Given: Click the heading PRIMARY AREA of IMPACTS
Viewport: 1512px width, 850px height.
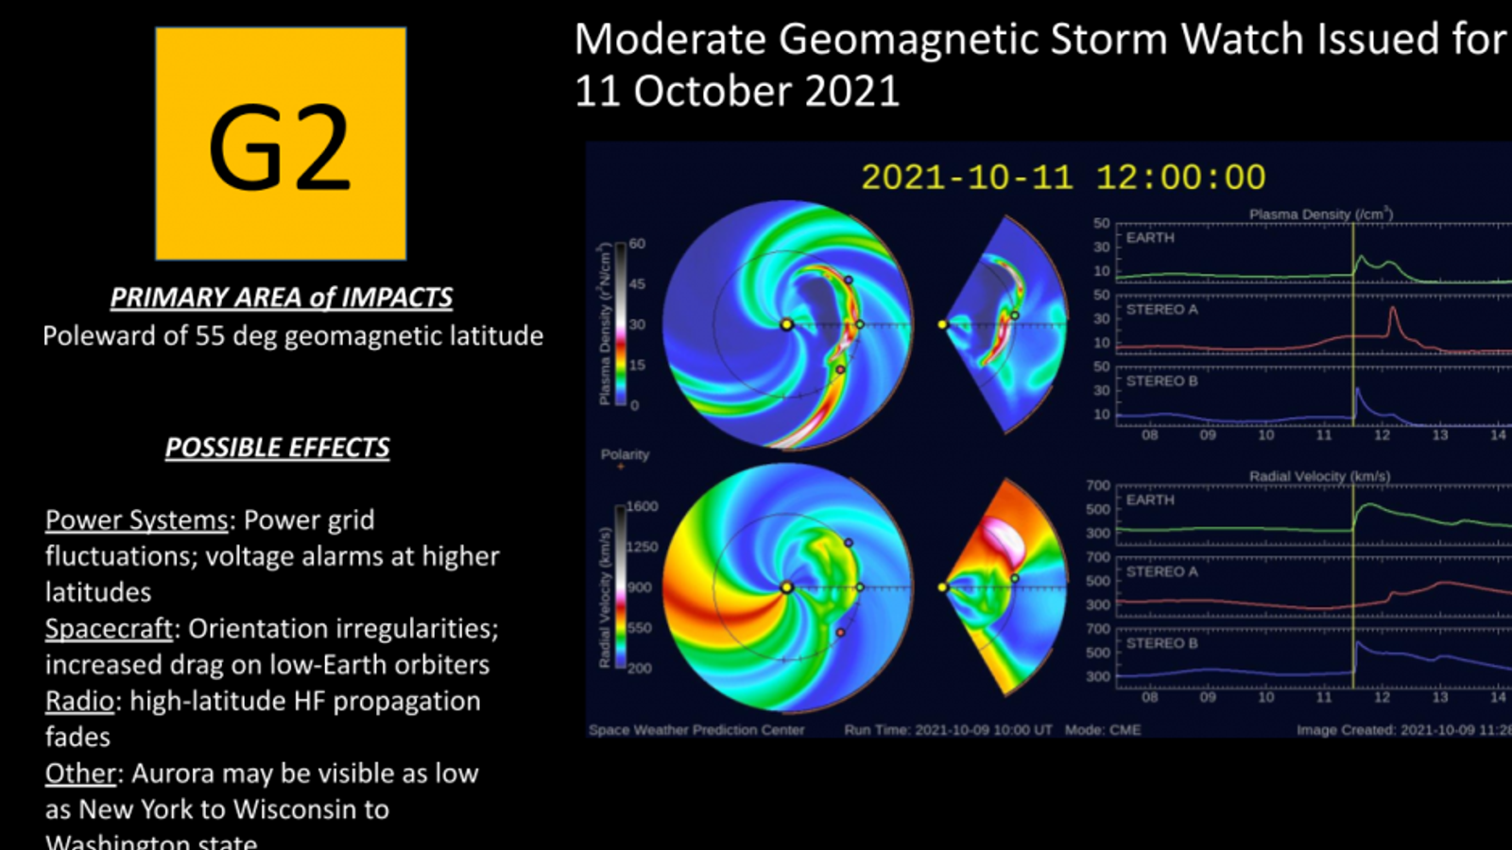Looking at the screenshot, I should tap(281, 297).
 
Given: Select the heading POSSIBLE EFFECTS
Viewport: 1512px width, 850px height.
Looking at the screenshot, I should tap(277, 448).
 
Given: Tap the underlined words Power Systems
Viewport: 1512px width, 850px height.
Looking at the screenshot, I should tap(136, 520).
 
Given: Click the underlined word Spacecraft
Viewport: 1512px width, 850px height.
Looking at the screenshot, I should tap(109, 629).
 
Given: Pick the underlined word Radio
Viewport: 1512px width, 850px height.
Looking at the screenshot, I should tap(79, 702).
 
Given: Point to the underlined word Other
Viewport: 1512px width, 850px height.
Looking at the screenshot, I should tap(80, 773).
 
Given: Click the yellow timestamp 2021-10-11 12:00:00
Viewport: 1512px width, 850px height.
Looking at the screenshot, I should tap(1062, 178).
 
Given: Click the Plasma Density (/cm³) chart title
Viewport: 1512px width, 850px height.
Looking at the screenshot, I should tap(1320, 214).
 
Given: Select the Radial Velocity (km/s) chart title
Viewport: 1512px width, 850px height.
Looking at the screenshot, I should tap(1319, 477).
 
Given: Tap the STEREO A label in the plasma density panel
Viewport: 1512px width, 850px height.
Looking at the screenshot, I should tap(1161, 310).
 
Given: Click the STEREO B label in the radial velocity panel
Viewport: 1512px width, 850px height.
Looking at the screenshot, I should tap(1161, 643).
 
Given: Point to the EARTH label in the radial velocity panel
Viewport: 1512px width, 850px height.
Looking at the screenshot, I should tap(1150, 500).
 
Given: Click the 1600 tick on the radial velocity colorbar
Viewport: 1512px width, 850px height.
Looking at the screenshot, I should tap(642, 506).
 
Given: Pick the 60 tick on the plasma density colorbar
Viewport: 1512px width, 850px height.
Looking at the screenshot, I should tap(637, 244).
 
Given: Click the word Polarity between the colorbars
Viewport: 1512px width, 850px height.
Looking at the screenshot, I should tap(625, 454).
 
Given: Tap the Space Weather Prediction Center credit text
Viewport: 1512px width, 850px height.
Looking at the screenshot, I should tap(696, 730).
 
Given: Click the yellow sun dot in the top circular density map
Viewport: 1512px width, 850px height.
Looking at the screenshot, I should tap(786, 324).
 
